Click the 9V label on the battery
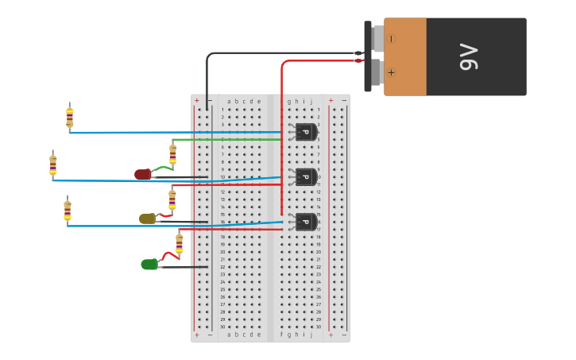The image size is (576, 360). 470,56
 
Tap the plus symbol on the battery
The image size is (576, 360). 391,73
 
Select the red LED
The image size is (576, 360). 143,174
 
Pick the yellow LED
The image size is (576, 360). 147,219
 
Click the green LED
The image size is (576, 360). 149,264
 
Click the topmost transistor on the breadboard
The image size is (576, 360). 305,132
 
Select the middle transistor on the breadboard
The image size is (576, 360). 305,176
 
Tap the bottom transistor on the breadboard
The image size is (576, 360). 305,222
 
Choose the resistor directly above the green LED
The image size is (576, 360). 179,242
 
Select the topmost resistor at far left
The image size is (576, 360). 69,117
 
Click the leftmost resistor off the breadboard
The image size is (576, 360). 52,165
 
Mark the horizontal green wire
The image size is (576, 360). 238,140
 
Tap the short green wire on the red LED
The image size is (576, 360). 162,168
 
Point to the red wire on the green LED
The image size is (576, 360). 168,255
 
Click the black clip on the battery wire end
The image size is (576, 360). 358,53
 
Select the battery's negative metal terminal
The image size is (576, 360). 377,37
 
